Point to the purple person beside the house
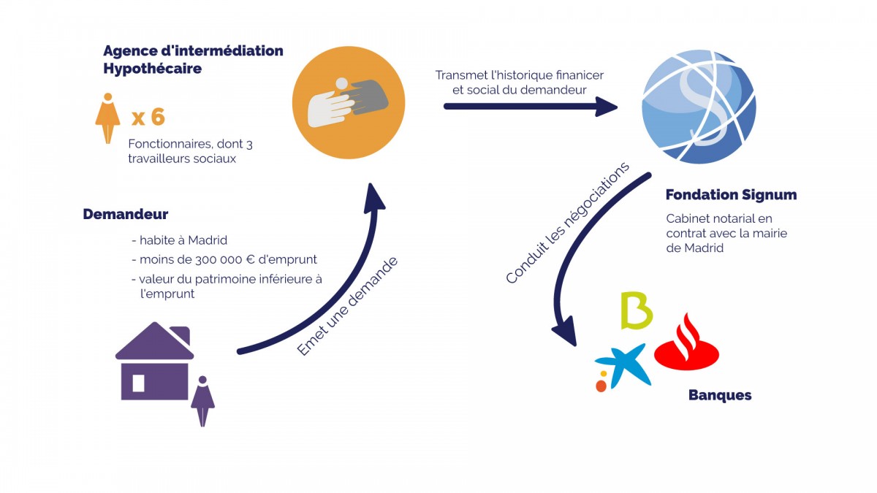pyautogui.click(x=202, y=401)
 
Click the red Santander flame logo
pyautogui.click(x=687, y=343)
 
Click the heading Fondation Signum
pyautogui.click(x=731, y=195)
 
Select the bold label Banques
pyautogui.click(x=720, y=395)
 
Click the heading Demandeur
pyautogui.click(x=126, y=214)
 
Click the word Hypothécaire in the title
pyautogui.click(x=153, y=69)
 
